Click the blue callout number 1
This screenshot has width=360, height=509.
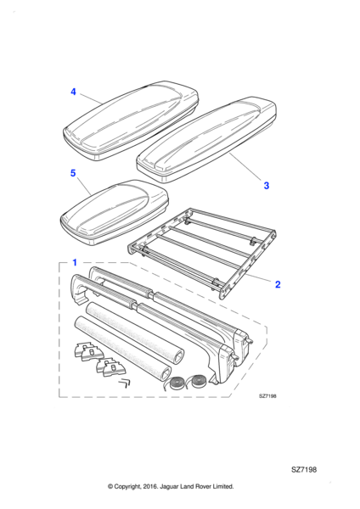coord(75,262)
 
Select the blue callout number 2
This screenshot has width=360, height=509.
coord(278,284)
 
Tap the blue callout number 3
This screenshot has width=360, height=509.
coord(267,186)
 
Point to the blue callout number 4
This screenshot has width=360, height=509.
coord(73,92)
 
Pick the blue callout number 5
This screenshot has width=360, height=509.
coord(73,173)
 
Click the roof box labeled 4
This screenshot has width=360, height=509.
coord(131,120)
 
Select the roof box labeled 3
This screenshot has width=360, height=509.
coord(206,140)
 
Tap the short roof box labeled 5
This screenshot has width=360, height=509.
coord(115,213)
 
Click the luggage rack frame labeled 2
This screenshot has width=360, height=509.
coord(202,253)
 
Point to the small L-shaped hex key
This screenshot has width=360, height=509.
coord(124,383)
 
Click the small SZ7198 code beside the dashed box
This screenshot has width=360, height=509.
coord(267,396)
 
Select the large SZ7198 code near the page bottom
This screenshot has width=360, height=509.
coord(304,469)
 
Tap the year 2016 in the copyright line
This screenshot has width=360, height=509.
coord(149,486)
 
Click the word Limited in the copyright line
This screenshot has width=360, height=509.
coord(223,486)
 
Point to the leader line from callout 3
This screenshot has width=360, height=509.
coord(245,166)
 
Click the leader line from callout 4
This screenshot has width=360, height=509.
coord(91,98)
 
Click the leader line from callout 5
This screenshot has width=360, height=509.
coord(84,187)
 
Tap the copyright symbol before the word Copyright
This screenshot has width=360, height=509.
coord(110,487)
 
